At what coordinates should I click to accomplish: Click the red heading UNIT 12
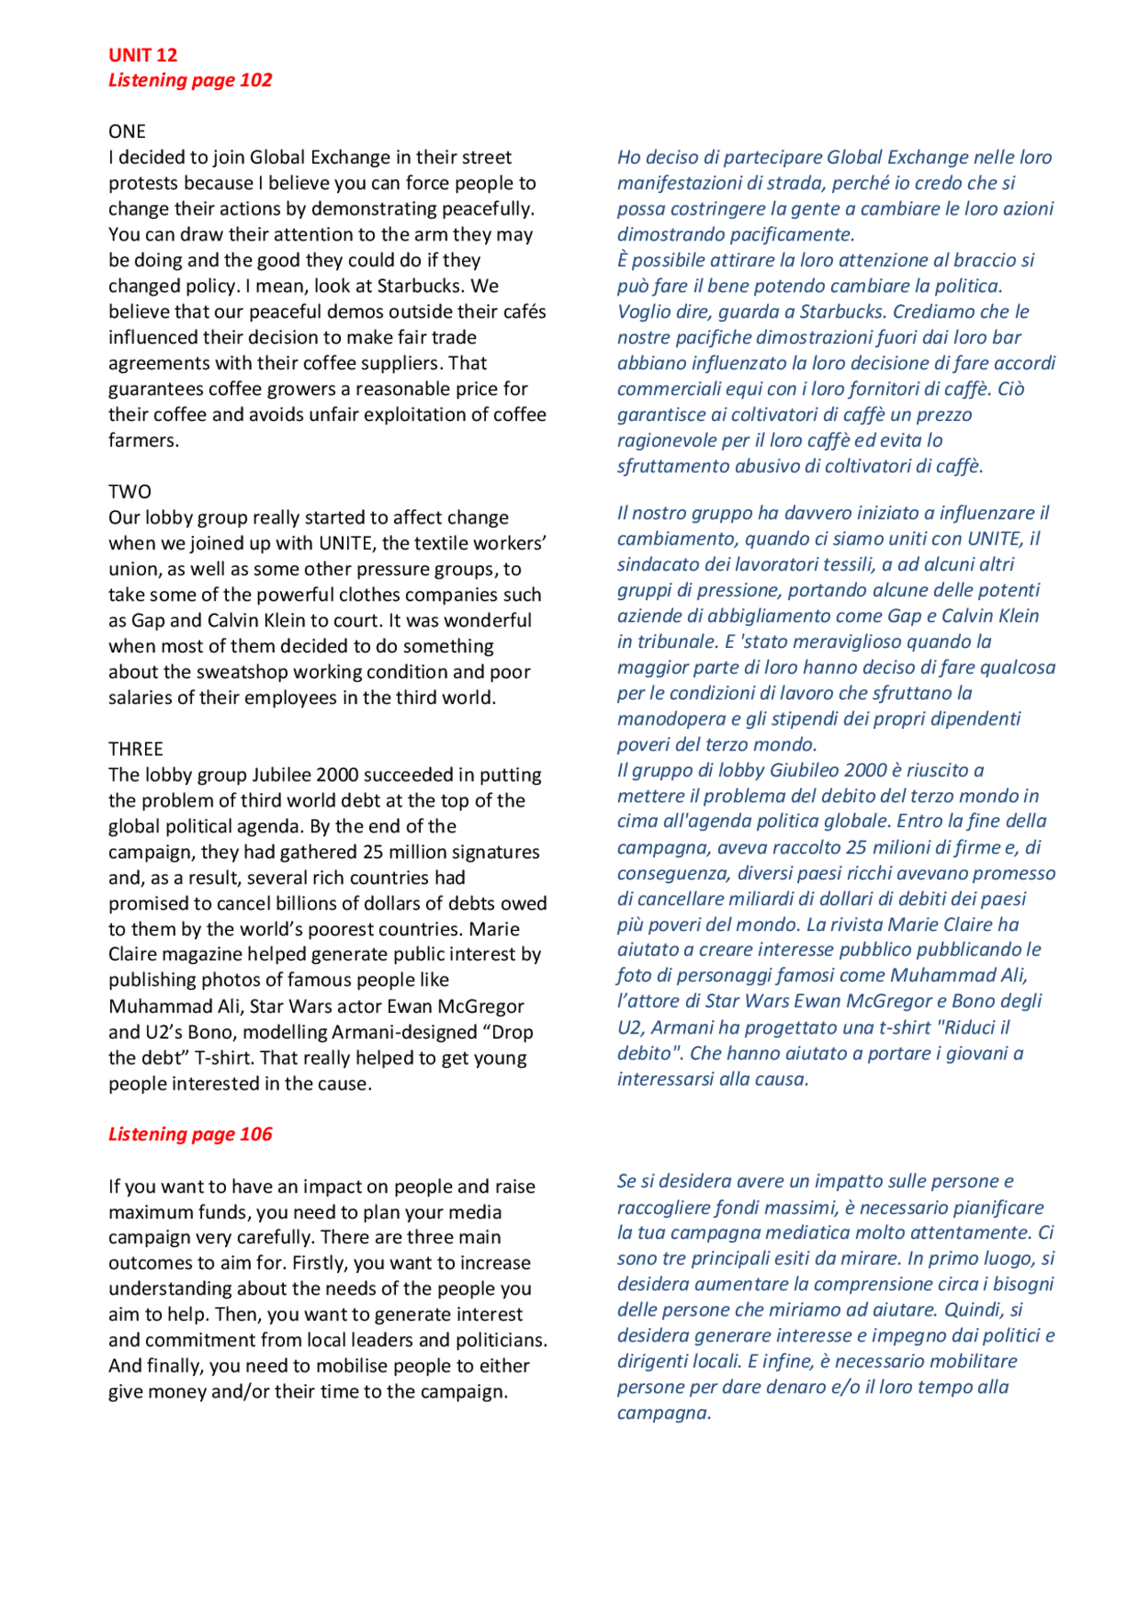[x=142, y=55]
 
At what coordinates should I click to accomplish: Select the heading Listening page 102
[x=190, y=80]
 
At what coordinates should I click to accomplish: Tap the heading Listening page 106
[x=190, y=1134]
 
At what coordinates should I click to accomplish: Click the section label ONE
[x=126, y=132]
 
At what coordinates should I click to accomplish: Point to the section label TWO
[x=130, y=491]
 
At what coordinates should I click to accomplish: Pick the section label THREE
[x=135, y=749]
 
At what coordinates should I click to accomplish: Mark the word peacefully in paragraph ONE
[x=488, y=209]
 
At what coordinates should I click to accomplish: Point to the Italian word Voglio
[x=644, y=312]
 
